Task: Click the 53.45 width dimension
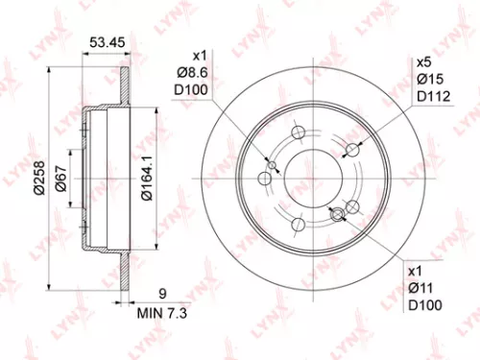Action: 105,42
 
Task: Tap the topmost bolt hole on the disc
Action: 297,133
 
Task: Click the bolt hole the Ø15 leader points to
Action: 352,150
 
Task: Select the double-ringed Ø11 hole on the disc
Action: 337,216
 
